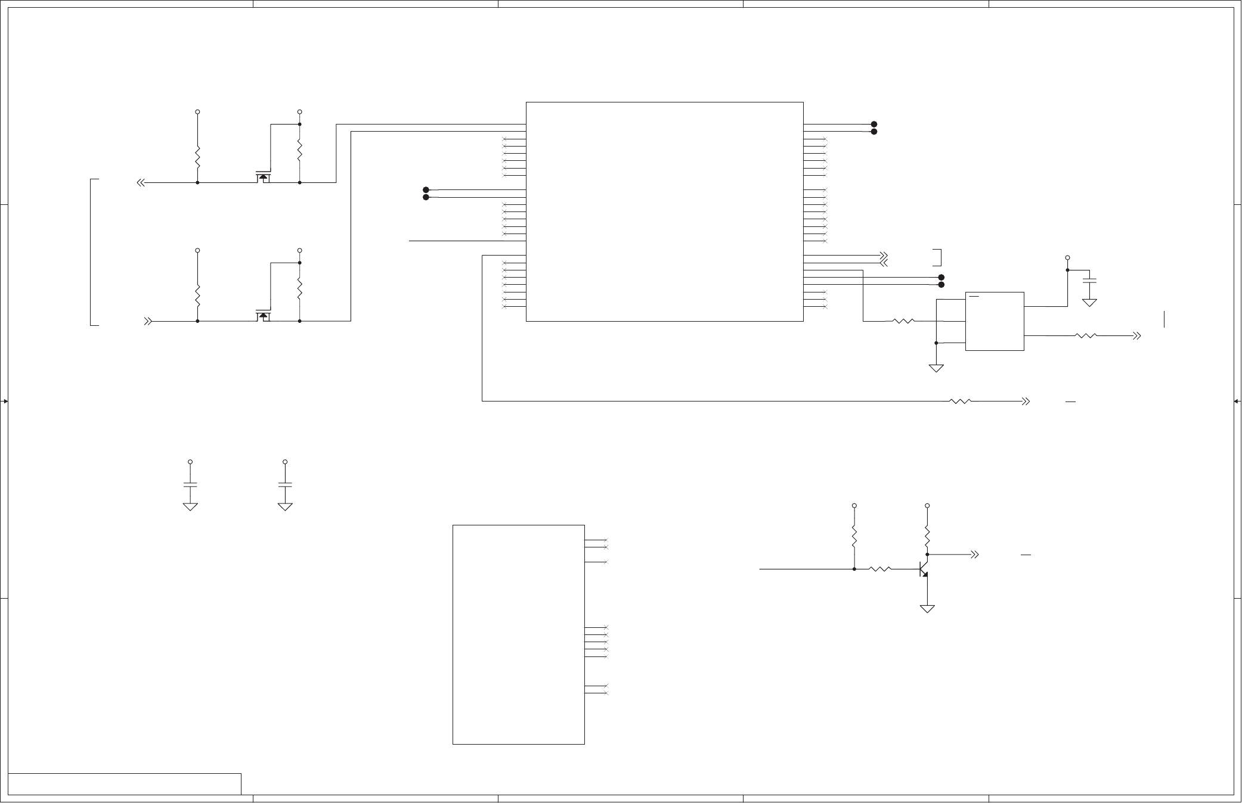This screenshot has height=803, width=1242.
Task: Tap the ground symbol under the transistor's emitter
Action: click(927, 609)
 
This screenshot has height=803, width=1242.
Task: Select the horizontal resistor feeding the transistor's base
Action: click(880, 569)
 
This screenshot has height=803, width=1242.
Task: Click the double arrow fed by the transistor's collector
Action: click(975, 555)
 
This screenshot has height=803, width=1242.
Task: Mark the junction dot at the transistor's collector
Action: click(927, 555)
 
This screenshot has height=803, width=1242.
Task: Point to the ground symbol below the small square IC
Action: click(936, 368)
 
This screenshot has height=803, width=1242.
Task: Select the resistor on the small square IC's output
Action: click(1086, 336)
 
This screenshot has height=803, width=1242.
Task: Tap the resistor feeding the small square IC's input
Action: click(904, 322)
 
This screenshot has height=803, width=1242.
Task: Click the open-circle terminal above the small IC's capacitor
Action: click(1067, 258)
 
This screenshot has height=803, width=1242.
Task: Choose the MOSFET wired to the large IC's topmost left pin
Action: click(263, 178)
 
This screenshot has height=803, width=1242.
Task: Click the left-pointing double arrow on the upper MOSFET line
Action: click(141, 183)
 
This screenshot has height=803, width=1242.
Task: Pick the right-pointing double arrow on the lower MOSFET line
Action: click(148, 322)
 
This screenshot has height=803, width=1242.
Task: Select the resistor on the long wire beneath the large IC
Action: click(960, 401)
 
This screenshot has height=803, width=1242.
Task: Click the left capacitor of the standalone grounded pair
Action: click(190, 484)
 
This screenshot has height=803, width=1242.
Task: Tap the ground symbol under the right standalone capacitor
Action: click(285, 506)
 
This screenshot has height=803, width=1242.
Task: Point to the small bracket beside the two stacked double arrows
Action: click(938, 257)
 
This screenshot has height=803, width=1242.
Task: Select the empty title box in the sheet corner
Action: click(125, 784)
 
